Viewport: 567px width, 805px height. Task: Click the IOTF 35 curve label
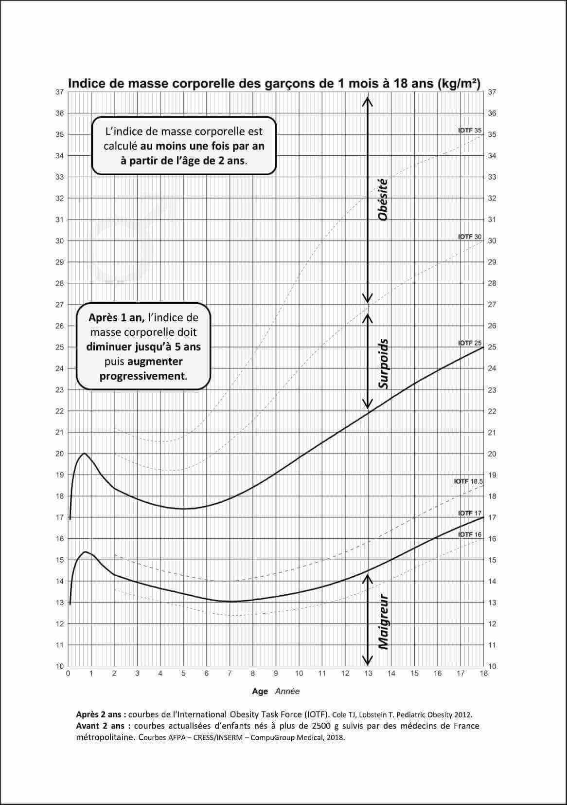click(x=470, y=130)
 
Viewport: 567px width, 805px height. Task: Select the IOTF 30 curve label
click(x=470, y=237)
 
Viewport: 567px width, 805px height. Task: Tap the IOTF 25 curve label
click(x=470, y=343)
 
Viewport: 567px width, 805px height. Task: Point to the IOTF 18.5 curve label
click(x=468, y=481)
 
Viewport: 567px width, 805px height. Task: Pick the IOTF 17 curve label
click(x=470, y=513)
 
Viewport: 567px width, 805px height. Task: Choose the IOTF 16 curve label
click(x=470, y=534)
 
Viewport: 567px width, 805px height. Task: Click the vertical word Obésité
click(x=383, y=200)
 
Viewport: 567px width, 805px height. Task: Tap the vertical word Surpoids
click(x=383, y=364)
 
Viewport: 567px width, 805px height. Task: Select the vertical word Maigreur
click(x=383, y=622)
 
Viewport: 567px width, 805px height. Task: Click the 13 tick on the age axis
click(x=368, y=674)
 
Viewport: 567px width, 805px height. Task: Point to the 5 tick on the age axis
click(x=183, y=674)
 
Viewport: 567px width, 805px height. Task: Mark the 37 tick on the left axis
click(x=59, y=92)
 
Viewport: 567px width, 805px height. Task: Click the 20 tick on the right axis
click(x=492, y=454)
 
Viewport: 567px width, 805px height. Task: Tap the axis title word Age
click(x=260, y=691)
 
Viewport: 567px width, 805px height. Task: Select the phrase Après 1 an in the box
click(x=116, y=318)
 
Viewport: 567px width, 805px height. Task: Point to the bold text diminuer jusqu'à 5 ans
click(x=143, y=347)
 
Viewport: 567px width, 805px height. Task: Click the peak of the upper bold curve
click(x=85, y=453)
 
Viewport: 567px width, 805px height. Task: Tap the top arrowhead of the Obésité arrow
click(x=368, y=100)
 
